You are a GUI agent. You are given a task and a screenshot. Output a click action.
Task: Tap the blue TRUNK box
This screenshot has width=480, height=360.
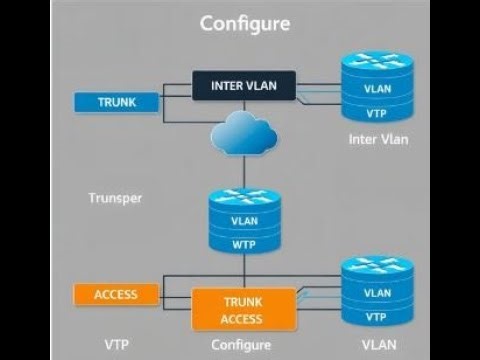click(x=117, y=102)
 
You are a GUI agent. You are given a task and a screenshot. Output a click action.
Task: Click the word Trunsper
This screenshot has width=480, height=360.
click(x=115, y=198)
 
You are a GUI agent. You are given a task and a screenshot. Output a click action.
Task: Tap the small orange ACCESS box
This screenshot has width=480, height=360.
click(x=116, y=294)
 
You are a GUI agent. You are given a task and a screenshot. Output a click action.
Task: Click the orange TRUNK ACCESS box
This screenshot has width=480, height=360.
click(x=243, y=311)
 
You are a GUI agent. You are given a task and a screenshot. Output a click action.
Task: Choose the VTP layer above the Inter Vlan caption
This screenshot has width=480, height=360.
click(x=376, y=110)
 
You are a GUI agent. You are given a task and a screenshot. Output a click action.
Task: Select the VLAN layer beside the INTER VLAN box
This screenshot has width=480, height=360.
click(x=376, y=88)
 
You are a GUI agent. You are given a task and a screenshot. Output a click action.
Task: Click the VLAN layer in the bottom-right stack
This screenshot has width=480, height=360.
click(x=377, y=293)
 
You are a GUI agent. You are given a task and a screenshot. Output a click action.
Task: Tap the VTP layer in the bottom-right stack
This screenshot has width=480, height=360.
click(x=377, y=316)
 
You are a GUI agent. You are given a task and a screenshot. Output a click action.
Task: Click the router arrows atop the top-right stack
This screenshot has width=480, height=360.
click(x=376, y=62)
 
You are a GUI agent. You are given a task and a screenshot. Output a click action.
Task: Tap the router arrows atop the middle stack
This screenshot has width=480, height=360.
click(x=242, y=197)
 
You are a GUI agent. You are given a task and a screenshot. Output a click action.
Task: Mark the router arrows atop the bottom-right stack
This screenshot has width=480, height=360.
click(x=377, y=269)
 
